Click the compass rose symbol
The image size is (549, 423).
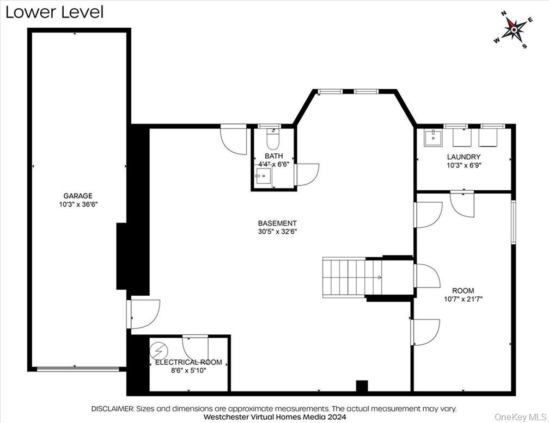(x=513, y=29)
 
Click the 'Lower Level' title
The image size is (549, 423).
(x=54, y=12)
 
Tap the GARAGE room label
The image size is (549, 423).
(x=78, y=196)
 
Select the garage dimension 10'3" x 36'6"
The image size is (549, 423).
(x=78, y=204)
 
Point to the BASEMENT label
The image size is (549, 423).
(x=277, y=223)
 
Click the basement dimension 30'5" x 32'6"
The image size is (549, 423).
(x=277, y=232)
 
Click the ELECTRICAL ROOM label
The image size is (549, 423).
(x=188, y=362)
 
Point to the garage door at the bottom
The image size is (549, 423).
(x=77, y=369)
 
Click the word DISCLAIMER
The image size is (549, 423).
(x=112, y=408)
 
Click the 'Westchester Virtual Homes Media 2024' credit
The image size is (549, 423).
(x=274, y=417)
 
